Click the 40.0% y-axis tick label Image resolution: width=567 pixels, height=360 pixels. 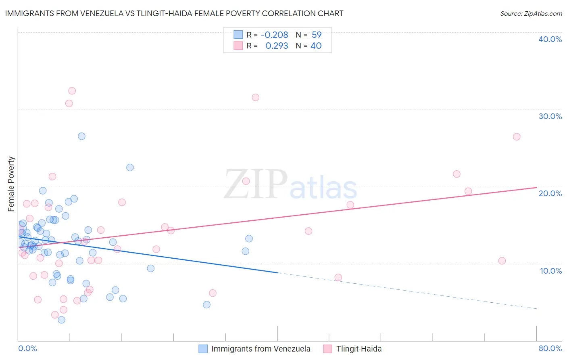(550, 39)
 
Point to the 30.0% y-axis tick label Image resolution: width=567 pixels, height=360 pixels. (550, 116)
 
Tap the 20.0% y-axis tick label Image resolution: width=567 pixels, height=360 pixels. (550, 193)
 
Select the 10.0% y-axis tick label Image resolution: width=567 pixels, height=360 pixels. (550, 271)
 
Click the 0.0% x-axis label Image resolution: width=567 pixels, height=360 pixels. (27, 348)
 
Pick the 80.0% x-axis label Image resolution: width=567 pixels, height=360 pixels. (550, 348)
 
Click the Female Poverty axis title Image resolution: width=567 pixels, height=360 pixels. (11, 184)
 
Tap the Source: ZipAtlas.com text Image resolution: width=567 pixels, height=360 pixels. (531, 14)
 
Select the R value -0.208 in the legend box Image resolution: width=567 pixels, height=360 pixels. (274, 35)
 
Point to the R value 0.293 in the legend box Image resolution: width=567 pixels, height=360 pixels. (277, 46)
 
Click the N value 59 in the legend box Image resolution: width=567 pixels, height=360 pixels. (317, 35)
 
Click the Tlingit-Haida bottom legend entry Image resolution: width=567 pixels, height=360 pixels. (352, 349)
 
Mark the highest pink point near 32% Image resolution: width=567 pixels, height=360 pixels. (72, 91)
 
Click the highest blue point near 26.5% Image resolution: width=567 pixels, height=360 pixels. (81, 136)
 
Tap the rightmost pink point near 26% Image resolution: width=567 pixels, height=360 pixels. (517, 136)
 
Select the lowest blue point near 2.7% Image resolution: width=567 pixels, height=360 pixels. (61, 320)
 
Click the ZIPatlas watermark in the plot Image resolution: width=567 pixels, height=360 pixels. (290, 185)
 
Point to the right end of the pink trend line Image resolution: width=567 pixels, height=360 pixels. (536, 187)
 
